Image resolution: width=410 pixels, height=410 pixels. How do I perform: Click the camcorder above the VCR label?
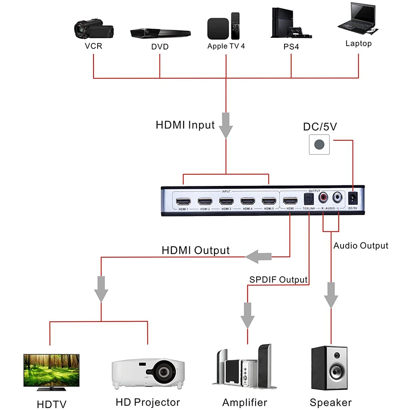click(x=94, y=29)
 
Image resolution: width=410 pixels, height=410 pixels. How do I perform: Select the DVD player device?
click(x=160, y=33)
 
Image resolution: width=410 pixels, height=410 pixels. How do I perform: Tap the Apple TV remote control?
click(x=235, y=26)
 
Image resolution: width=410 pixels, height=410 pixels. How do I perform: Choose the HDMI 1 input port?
click(x=183, y=202)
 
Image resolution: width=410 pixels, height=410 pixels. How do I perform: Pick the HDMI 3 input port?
click(x=226, y=202)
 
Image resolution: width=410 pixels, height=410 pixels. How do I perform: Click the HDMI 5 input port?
click(x=269, y=201)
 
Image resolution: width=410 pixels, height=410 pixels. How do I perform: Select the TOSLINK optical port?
click(x=309, y=199)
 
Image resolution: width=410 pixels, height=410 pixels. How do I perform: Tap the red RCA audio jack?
click(x=323, y=198)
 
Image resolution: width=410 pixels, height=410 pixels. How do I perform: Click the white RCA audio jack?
click(x=337, y=198)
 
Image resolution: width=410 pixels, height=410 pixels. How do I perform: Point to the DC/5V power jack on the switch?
click(x=353, y=199)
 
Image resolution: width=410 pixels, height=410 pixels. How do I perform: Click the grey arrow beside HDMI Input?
click(x=226, y=125)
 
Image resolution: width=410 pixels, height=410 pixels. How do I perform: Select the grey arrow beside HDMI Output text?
click(x=259, y=257)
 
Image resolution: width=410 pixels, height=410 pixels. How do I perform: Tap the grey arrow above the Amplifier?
click(x=247, y=315)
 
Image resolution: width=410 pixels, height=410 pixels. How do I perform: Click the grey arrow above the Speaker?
click(x=331, y=295)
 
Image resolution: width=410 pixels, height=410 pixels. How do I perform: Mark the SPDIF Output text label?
click(x=278, y=280)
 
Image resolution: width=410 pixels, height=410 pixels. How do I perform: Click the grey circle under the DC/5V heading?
click(x=319, y=144)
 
